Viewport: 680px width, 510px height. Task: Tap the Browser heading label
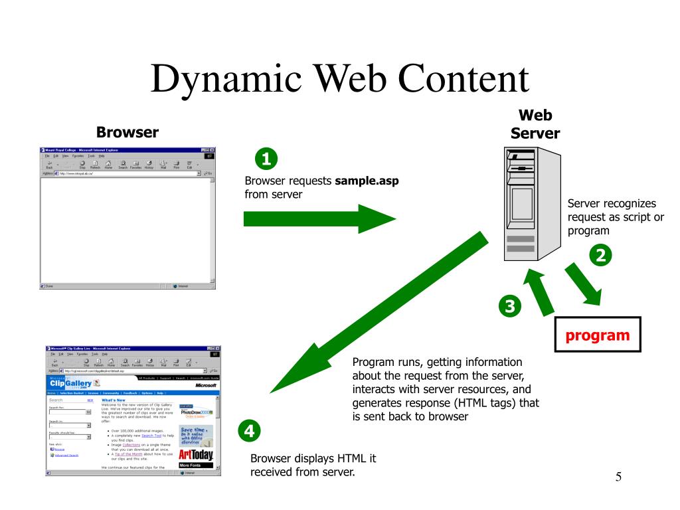pos(127,131)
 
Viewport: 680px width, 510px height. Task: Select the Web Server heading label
pos(535,124)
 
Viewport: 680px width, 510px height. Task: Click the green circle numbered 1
pos(266,159)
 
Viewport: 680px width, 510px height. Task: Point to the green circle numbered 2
pos(601,255)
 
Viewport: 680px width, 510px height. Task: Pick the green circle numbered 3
pos(509,306)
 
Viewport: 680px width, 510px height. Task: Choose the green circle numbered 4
pos(249,431)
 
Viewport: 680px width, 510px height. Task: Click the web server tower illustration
pos(529,205)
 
